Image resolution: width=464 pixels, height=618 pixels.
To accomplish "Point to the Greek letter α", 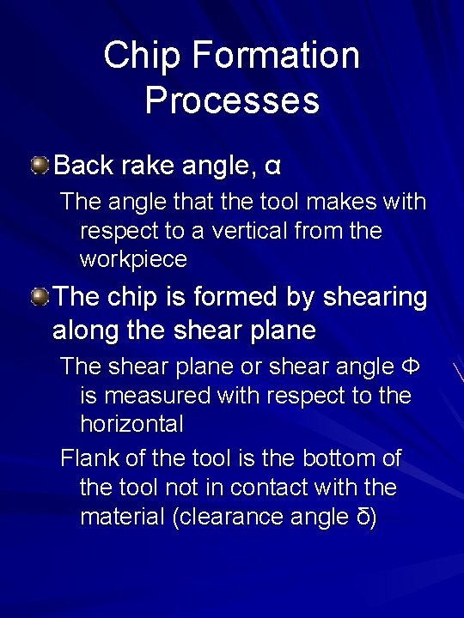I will [x=272, y=164].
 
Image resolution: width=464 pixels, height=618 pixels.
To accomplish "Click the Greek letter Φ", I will [x=411, y=367].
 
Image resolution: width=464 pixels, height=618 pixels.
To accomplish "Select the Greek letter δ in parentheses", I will [x=363, y=518].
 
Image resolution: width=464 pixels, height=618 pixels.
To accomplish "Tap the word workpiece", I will [x=133, y=258].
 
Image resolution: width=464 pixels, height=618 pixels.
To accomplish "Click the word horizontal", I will [x=131, y=423].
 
